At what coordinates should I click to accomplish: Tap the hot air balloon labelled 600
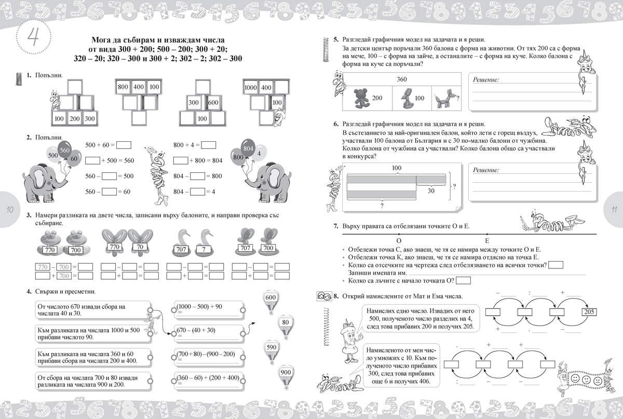270,300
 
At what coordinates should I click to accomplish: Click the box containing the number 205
589,312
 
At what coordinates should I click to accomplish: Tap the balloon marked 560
65,150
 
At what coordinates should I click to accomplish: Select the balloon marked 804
248,148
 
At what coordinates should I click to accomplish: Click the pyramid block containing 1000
251,88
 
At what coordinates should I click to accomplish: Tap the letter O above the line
399,241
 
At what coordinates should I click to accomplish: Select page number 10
10,209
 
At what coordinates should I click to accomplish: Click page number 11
613,209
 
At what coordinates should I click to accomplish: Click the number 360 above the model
402,79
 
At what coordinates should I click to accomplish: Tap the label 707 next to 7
182,250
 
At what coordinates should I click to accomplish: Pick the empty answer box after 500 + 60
120,145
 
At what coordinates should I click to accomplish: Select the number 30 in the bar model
431,191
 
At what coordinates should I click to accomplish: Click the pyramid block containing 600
213,103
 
